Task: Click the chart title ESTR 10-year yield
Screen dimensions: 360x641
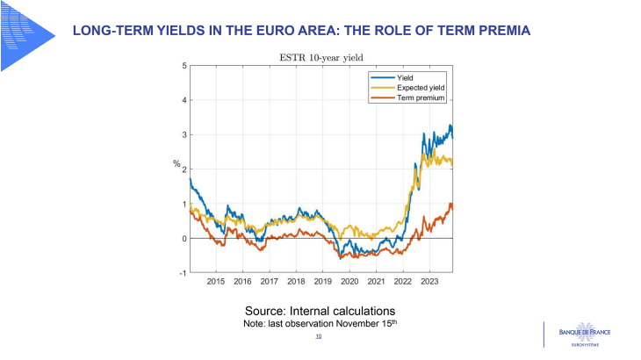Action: click(x=320, y=58)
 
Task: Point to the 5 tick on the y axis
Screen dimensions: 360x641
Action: click(x=184, y=66)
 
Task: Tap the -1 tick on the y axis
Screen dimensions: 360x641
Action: click(x=182, y=273)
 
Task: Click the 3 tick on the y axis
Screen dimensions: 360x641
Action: click(x=184, y=134)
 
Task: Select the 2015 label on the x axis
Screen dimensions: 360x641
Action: click(x=216, y=282)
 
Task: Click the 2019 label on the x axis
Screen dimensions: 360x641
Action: click(x=323, y=282)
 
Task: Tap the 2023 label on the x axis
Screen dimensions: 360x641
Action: click(x=430, y=282)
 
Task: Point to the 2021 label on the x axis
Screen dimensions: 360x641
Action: click(x=377, y=282)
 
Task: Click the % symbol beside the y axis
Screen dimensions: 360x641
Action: click(x=176, y=164)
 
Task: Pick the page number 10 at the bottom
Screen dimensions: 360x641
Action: click(x=318, y=336)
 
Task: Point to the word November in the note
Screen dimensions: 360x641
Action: click(x=356, y=323)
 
